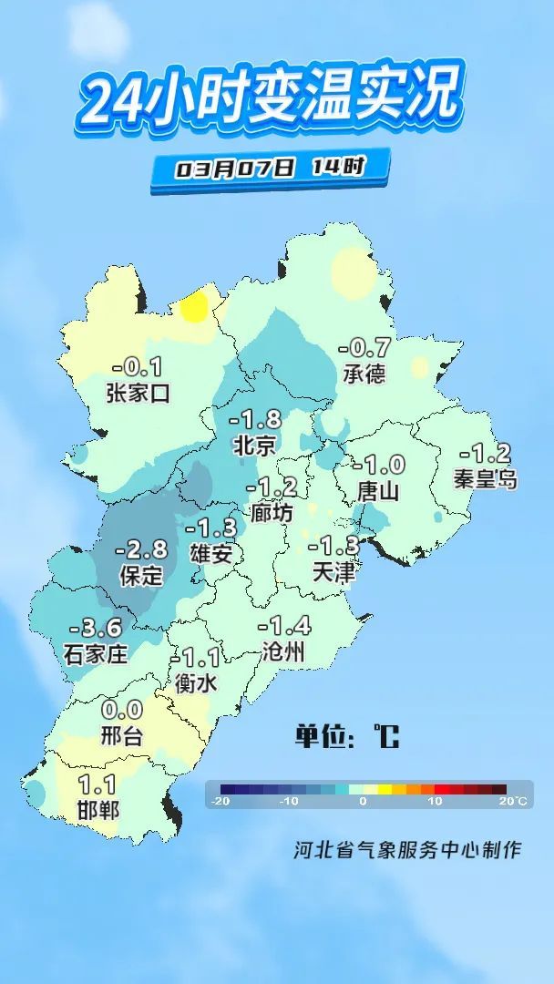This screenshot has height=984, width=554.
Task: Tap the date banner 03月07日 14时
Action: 271,169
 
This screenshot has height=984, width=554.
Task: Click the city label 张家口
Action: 138,394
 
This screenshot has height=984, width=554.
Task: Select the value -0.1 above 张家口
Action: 137,368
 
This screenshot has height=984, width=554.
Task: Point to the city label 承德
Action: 364,373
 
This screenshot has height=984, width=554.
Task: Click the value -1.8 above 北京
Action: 255,420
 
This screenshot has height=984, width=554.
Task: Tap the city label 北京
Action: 254,446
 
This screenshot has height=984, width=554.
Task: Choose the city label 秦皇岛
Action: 486,478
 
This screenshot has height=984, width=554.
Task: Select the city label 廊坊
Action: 272,513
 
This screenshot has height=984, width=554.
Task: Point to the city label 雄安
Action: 211,552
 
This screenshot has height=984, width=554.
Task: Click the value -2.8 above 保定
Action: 141,549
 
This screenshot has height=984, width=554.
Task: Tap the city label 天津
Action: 333,571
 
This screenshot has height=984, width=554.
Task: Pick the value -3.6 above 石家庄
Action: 96,628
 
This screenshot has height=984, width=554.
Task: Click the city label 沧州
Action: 283,651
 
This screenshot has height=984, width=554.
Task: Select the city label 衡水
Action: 197,682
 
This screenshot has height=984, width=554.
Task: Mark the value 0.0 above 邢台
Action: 122,710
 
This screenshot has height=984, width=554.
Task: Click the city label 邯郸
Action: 97,808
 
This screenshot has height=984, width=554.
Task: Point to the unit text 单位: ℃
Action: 346,735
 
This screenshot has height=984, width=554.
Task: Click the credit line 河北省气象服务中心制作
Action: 407,849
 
